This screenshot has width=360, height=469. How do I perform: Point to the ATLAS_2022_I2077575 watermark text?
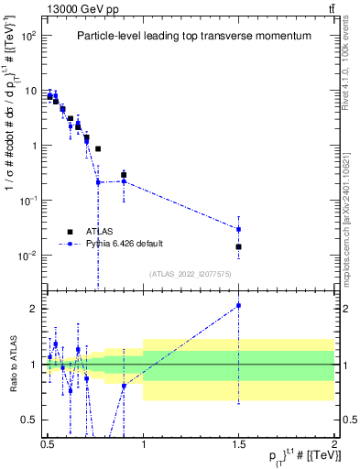click(191, 274)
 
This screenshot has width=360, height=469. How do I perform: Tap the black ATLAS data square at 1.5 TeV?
click(238, 246)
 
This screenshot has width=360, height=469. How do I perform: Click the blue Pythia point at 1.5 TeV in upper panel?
click(238, 229)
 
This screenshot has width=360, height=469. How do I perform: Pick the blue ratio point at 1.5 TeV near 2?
click(238, 306)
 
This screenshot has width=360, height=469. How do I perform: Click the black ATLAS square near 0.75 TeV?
click(98, 148)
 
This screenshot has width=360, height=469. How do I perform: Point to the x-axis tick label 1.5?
click(238, 442)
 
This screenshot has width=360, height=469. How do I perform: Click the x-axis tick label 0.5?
click(48, 442)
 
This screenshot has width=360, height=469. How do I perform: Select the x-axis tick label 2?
click(333, 442)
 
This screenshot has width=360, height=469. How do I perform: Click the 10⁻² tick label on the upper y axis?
click(28, 256)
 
